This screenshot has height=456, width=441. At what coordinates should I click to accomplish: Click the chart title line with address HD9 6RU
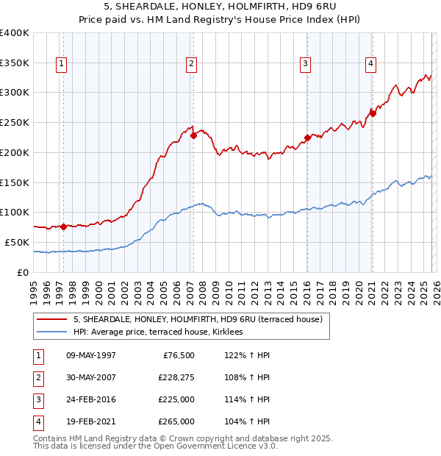click(x=220, y=7)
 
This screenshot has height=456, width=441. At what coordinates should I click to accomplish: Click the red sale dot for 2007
click(x=193, y=135)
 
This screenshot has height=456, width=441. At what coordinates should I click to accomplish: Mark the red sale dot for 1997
click(x=63, y=227)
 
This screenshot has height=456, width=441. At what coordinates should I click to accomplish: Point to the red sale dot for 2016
click(x=307, y=137)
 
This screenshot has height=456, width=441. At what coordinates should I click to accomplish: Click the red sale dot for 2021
click(x=373, y=113)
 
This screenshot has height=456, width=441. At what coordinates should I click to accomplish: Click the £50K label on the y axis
click(x=16, y=242)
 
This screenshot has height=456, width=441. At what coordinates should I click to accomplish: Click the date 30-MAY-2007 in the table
click(x=90, y=377)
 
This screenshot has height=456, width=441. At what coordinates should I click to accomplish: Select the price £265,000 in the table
click(x=176, y=421)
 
